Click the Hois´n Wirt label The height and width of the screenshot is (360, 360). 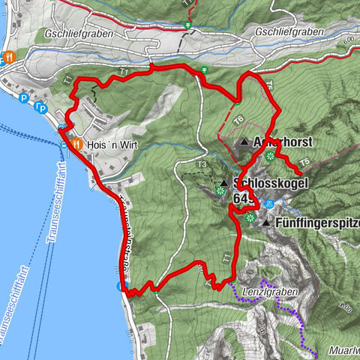pos(112,145)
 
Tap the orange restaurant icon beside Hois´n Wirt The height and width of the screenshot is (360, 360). pos(77,145)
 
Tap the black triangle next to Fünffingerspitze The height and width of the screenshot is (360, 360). pos(265,223)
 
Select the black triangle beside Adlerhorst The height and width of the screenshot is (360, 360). pos(244,142)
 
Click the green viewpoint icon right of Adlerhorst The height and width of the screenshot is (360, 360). pos(269,156)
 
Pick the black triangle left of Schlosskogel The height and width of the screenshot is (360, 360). pos(223,182)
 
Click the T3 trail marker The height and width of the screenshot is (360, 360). pos(201,165)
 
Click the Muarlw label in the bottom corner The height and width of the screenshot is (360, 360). pos(342,351)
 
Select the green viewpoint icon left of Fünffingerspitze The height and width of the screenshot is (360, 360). pos(249,217)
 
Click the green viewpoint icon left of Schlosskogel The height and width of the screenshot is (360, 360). pos(220,191)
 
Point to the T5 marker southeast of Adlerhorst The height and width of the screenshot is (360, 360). pos(304,161)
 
